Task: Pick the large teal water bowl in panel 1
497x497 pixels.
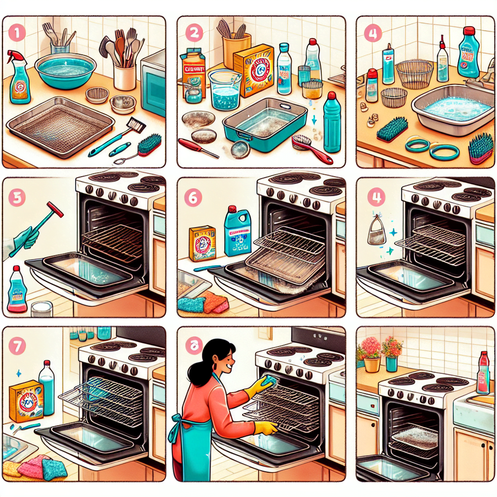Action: coord(66,70)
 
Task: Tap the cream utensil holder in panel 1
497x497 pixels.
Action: coord(125,77)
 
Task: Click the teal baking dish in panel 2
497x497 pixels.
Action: coord(265,124)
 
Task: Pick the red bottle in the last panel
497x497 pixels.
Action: coord(482,373)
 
